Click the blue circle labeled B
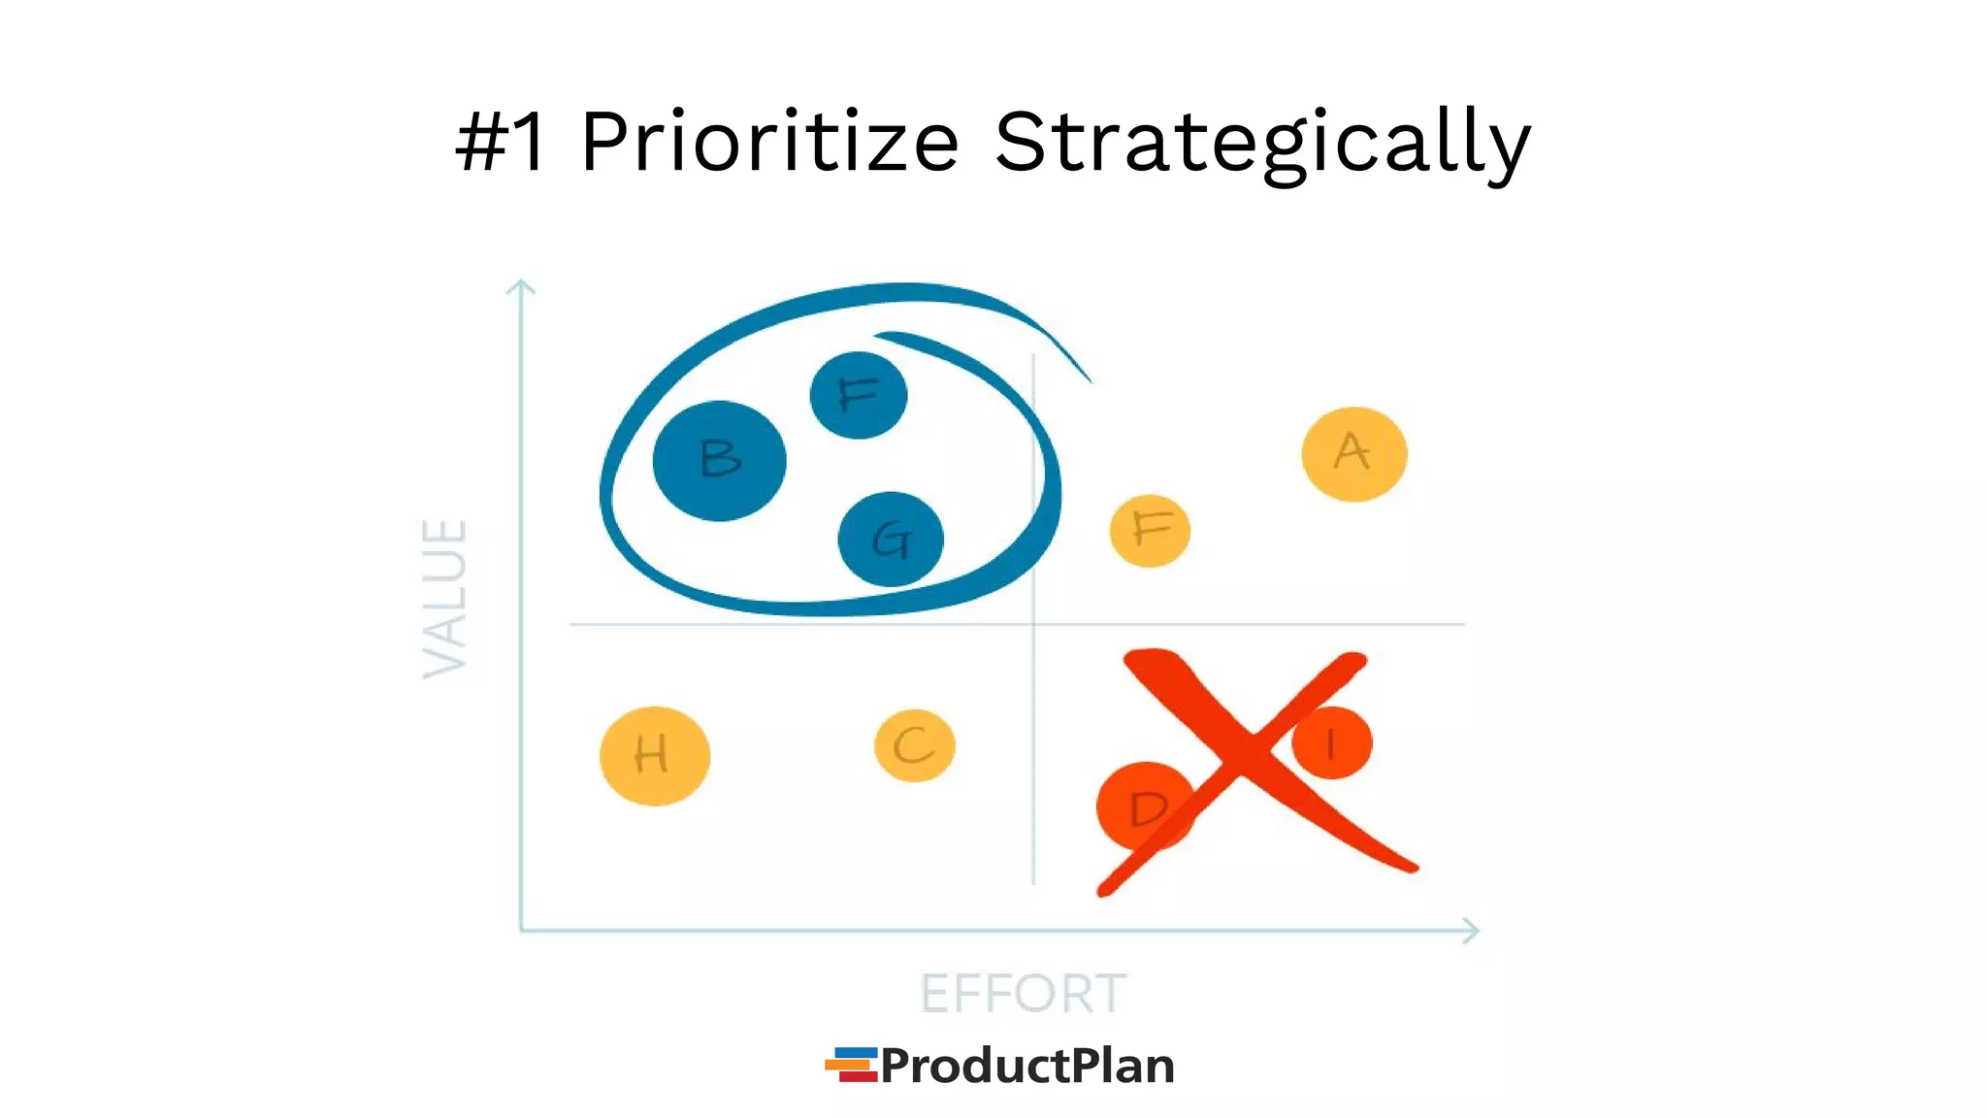coord(719,460)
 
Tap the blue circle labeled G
coord(891,540)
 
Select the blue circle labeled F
coord(859,395)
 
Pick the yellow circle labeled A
coord(1353,453)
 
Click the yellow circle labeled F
coord(1150,531)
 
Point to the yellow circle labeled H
coord(655,755)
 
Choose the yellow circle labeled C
coord(914,745)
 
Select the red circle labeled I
coord(1333,743)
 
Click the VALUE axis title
coord(445,599)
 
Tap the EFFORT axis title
coord(1023,994)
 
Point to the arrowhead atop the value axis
coord(521,284)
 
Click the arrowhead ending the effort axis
coord(1473,931)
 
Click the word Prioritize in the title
coord(769,143)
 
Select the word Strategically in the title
coord(1261,143)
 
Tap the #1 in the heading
coord(501,143)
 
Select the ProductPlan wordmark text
coord(1027,1066)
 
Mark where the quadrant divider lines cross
coord(1033,624)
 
